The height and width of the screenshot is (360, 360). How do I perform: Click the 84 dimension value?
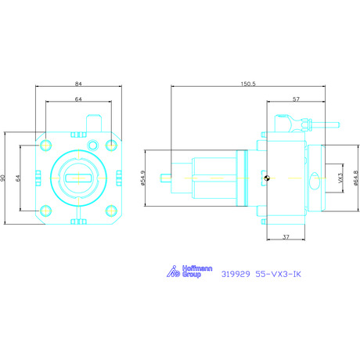click(x=78, y=84)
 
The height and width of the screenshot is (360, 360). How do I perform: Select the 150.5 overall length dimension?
click(x=248, y=84)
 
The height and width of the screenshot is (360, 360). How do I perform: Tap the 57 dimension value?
click(x=296, y=99)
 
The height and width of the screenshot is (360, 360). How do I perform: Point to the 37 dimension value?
click(x=286, y=237)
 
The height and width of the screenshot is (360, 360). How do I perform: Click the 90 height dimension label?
click(x=2, y=178)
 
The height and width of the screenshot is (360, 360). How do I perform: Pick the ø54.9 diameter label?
click(x=142, y=178)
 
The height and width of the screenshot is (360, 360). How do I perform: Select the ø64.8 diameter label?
click(x=356, y=178)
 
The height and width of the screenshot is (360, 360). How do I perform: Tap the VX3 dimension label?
click(x=340, y=178)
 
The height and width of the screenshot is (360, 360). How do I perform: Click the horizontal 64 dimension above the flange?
click(x=78, y=99)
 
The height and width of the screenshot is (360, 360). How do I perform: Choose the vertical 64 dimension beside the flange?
click(x=18, y=178)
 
